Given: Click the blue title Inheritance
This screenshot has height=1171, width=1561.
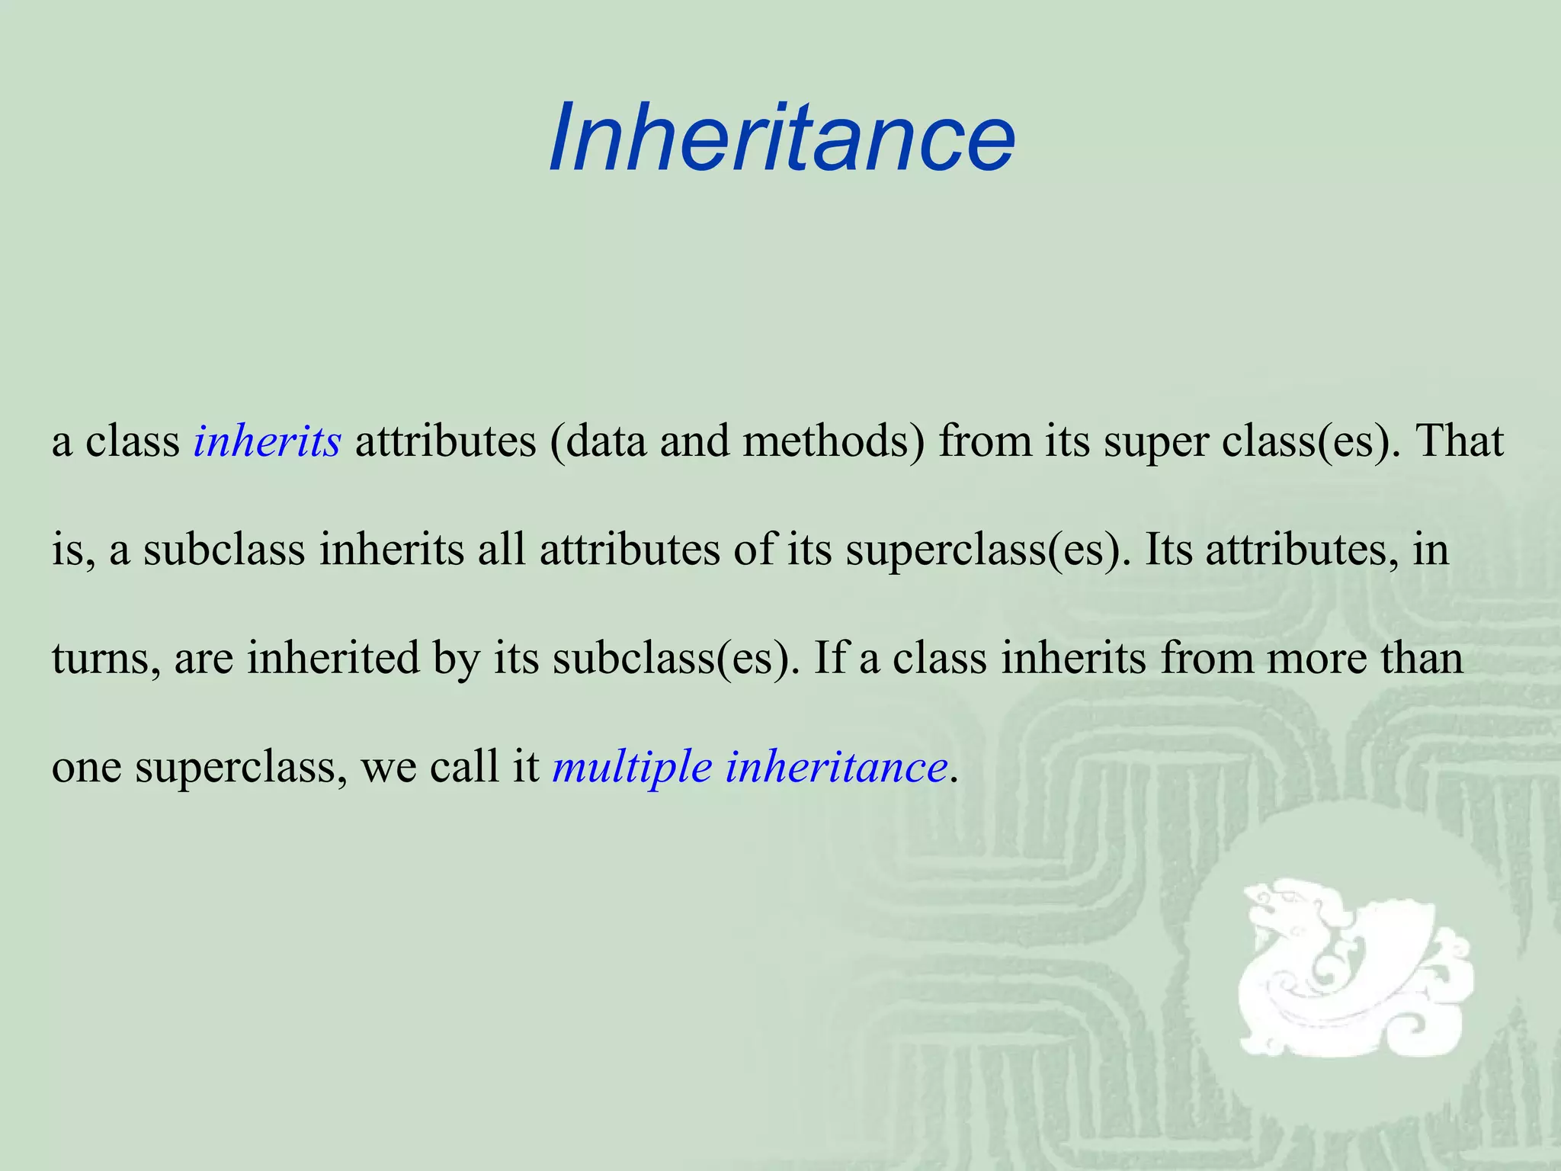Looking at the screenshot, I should tap(781, 138).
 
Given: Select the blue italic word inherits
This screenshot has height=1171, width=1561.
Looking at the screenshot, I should tap(267, 441).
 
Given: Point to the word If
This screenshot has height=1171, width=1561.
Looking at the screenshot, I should tap(830, 657).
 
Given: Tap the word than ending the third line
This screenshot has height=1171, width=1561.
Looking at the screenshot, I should tap(1422, 657).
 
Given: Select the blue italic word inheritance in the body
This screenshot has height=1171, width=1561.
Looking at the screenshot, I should tap(836, 765).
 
